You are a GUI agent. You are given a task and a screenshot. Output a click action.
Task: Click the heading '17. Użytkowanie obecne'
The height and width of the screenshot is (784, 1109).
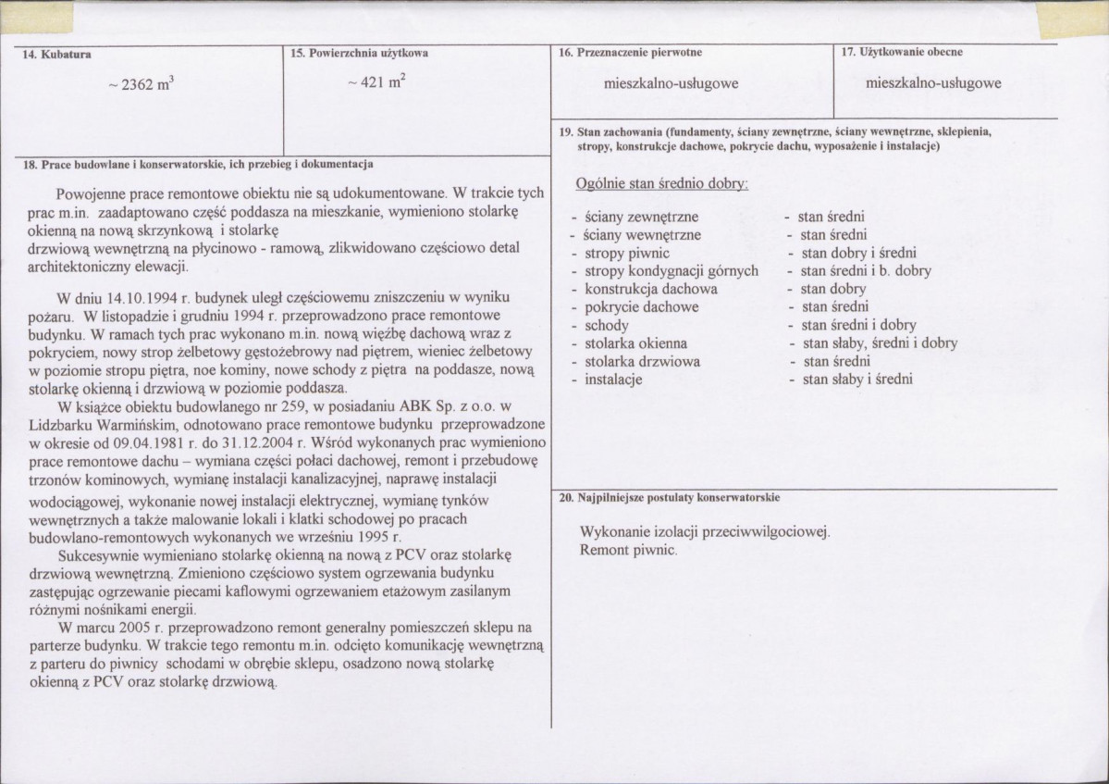tap(902, 53)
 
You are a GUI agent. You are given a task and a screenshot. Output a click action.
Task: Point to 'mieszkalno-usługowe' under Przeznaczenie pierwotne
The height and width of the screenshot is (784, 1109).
tap(670, 83)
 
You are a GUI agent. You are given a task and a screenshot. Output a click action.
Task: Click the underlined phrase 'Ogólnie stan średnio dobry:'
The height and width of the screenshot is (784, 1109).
tap(660, 184)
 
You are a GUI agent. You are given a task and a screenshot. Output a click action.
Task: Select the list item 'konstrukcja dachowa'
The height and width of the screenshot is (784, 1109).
tap(650, 289)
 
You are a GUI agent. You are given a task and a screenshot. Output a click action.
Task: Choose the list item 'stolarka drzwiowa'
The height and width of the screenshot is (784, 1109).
tap(642, 361)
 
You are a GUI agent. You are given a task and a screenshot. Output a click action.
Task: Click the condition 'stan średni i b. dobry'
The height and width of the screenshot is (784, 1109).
tap(866, 271)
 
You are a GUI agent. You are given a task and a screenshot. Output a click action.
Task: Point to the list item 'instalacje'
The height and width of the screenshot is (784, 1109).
tap(613, 379)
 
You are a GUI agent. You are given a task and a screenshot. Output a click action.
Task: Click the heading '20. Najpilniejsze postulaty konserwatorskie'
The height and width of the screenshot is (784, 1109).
tap(670, 498)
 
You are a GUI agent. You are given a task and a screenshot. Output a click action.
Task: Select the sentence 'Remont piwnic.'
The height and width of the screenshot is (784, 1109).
tap(628, 550)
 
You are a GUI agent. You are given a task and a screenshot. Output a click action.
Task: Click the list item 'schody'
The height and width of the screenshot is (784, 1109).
tap(606, 325)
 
